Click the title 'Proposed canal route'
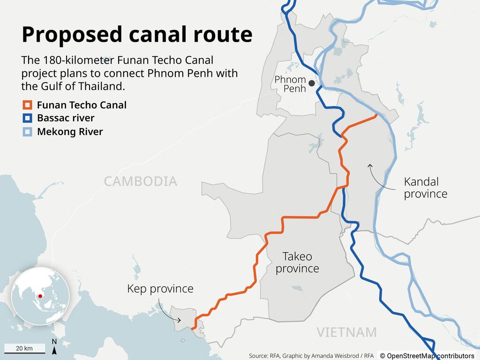point(137,35)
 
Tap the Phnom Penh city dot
point(312,83)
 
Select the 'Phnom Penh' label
point(290,84)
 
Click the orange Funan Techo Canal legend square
point(28,105)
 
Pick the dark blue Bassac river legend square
point(28,118)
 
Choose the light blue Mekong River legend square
point(28,132)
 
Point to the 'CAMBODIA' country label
point(141,181)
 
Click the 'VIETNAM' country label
point(346,332)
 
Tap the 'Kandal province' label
point(426,187)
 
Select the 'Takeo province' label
point(297,262)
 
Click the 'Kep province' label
point(160,288)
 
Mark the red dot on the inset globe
point(40,296)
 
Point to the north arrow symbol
point(54,347)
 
